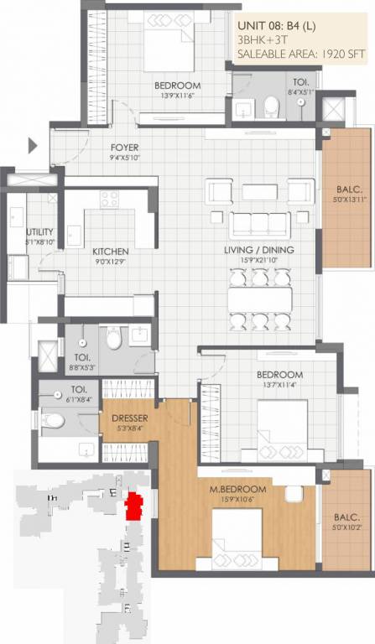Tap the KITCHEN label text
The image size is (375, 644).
pos(110,251)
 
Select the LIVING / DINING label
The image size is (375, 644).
pos(257,251)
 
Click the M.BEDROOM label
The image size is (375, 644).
pos(242,489)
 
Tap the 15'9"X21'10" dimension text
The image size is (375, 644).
pos(257,261)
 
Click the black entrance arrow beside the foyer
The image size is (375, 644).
pos(33,146)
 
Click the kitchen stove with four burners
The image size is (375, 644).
pos(110,199)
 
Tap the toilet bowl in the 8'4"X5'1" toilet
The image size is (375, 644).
pos(270,106)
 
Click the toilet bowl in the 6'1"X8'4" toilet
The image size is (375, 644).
pos(53,422)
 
